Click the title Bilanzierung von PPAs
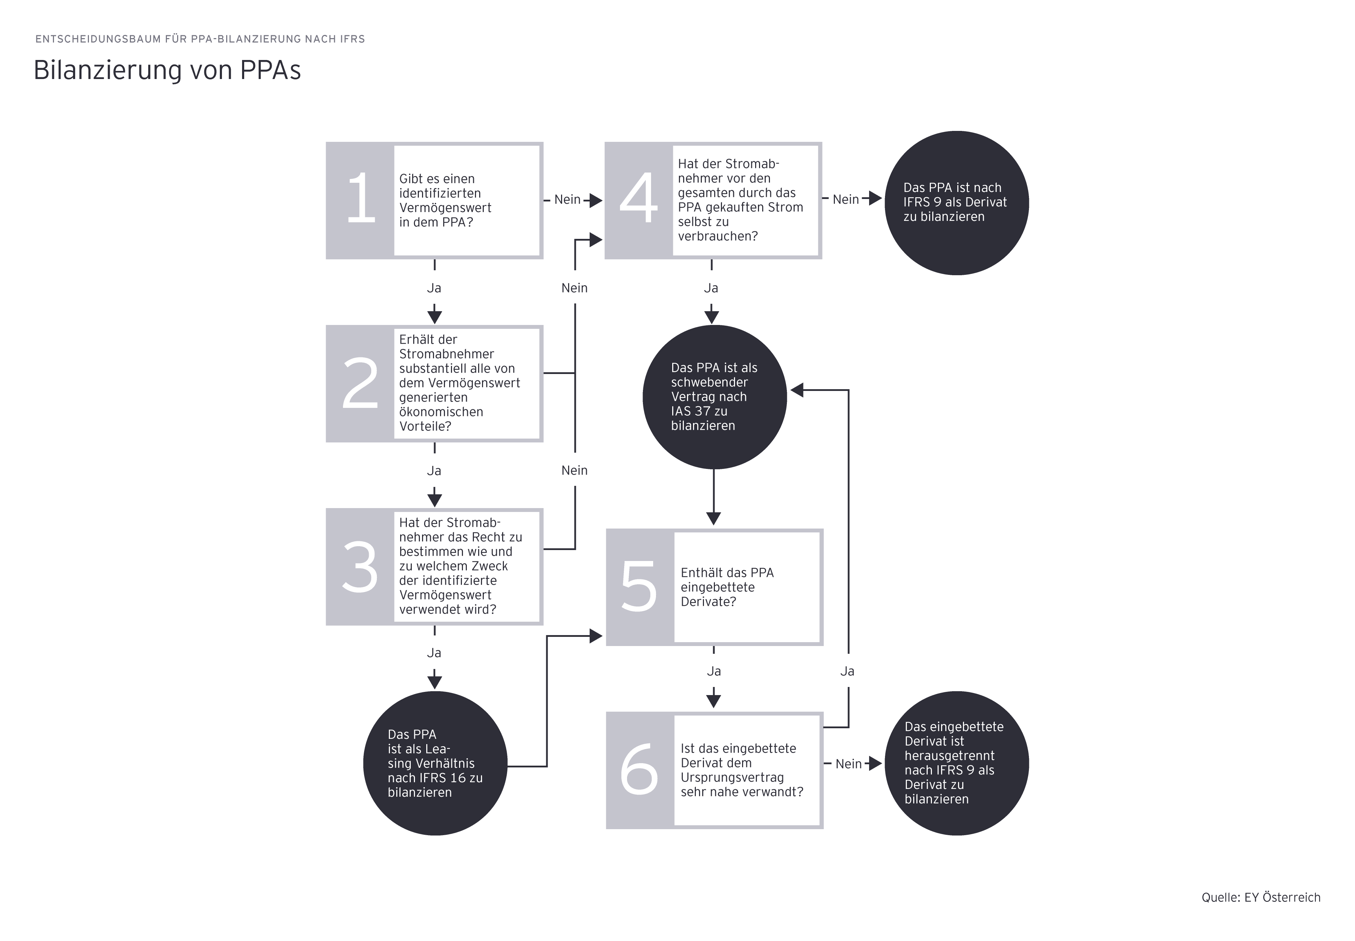[x=168, y=70]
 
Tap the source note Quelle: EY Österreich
[x=1261, y=897]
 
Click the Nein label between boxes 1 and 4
[x=567, y=200]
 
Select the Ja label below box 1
[x=434, y=288]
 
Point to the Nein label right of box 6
[x=849, y=764]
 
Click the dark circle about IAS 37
[x=714, y=397]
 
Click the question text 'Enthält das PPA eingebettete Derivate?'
[x=727, y=587]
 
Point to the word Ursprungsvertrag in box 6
[x=732, y=778]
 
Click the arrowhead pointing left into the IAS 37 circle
[x=797, y=390]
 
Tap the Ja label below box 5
[x=713, y=671]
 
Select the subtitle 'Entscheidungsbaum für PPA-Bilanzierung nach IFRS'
[x=200, y=39]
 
